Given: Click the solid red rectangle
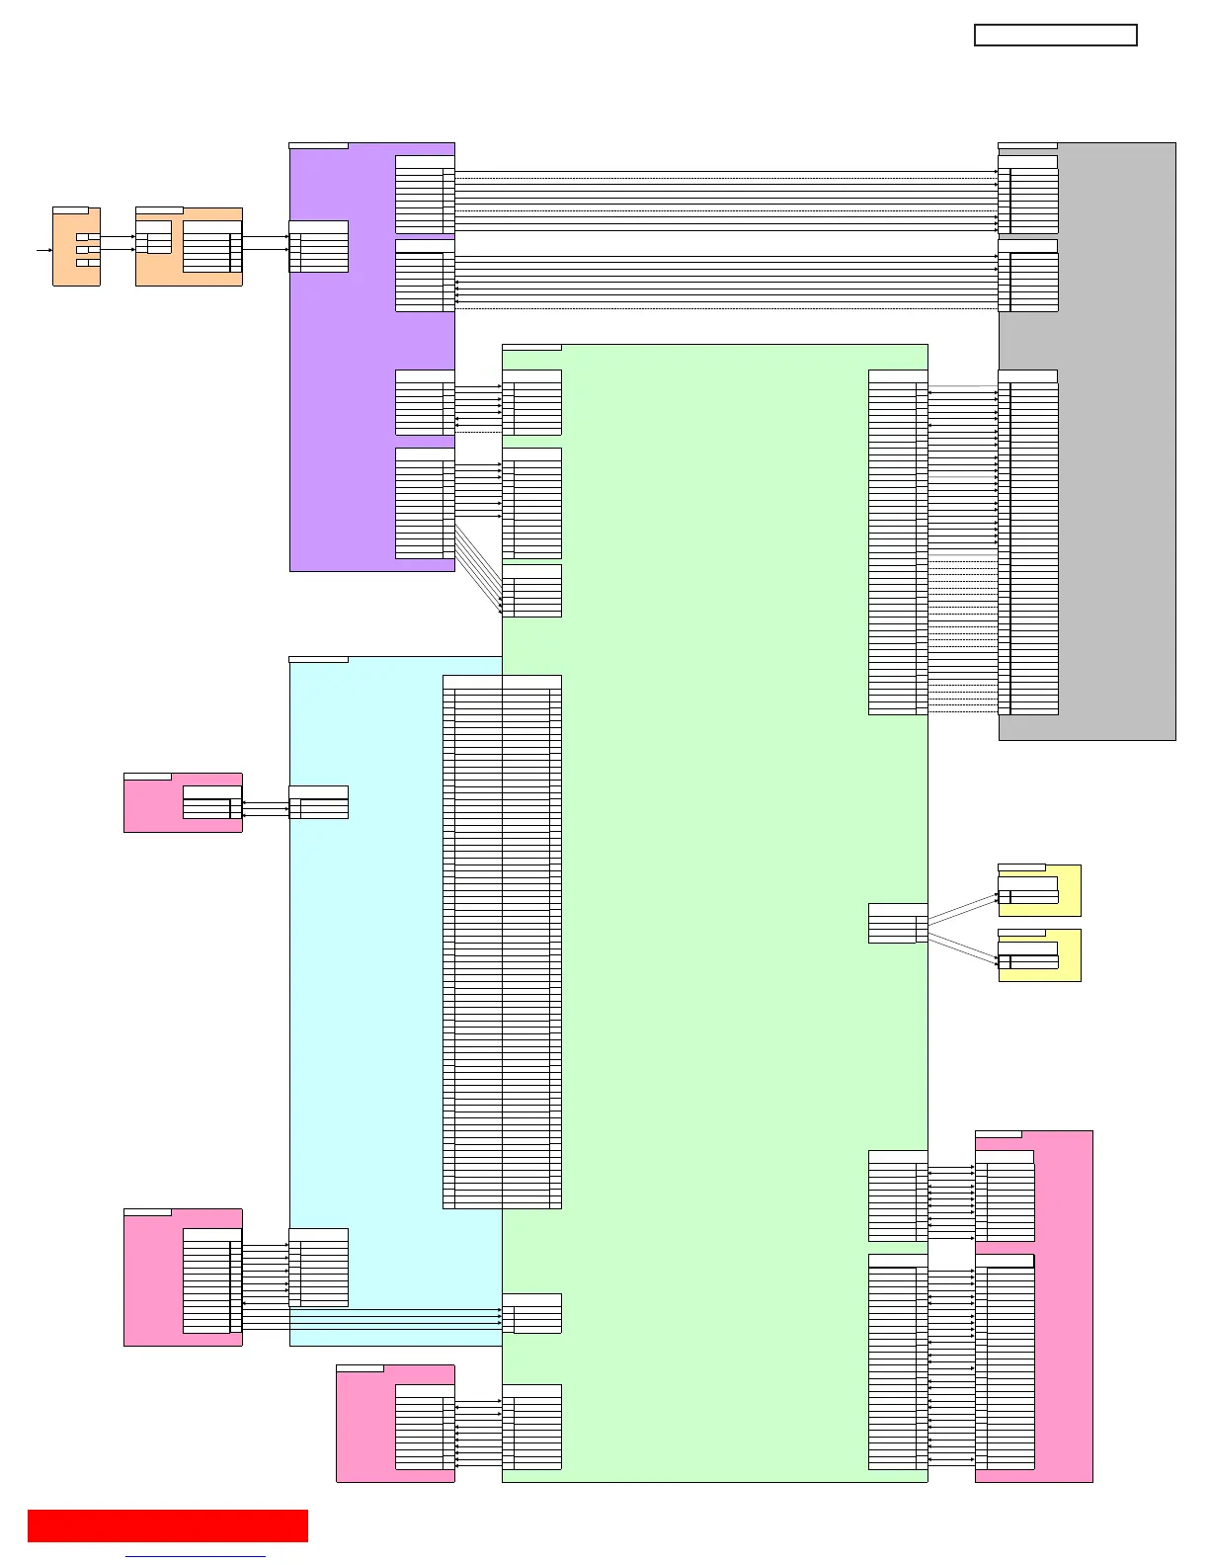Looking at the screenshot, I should [168, 1525].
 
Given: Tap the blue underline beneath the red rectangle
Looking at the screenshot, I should [196, 1557].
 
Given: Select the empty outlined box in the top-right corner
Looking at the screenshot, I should [1055, 36].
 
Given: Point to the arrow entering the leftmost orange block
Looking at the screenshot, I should [44, 250].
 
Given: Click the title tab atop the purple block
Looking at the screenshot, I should [318, 146].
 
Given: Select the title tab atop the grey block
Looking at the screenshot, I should [1027, 146].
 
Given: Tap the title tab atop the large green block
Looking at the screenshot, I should [531, 348].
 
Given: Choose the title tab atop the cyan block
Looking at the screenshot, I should [318, 659].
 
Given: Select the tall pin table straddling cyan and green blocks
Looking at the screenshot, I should [502, 942].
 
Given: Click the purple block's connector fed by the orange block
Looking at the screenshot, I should [318, 246].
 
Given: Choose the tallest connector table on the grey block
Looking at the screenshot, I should [1028, 542].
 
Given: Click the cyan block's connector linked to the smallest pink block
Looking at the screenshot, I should [318, 802].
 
